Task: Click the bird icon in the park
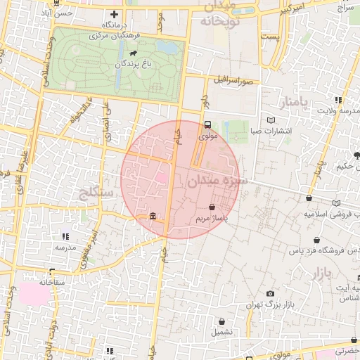pyautogui.click(x=133, y=52)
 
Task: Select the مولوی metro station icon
pyautogui.click(x=207, y=125)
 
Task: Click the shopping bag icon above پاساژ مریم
pyautogui.click(x=212, y=207)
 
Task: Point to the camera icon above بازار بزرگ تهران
pyautogui.click(x=271, y=294)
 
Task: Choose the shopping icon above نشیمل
pyautogui.click(x=221, y=321)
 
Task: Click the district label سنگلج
pyautogui.click(x=98, y=191)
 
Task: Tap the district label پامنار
pyautogui.click(x=294, y=104)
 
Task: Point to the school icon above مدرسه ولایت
pyautogui.click(x=338, y=100)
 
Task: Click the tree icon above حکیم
pyautogui.click(x=356, y=155)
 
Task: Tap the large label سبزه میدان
pyautogui.click(x=219, y=181)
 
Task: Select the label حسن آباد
pyautogui.click(x=56, y=13)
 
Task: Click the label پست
pyautogui.click(x=269, y=35)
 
